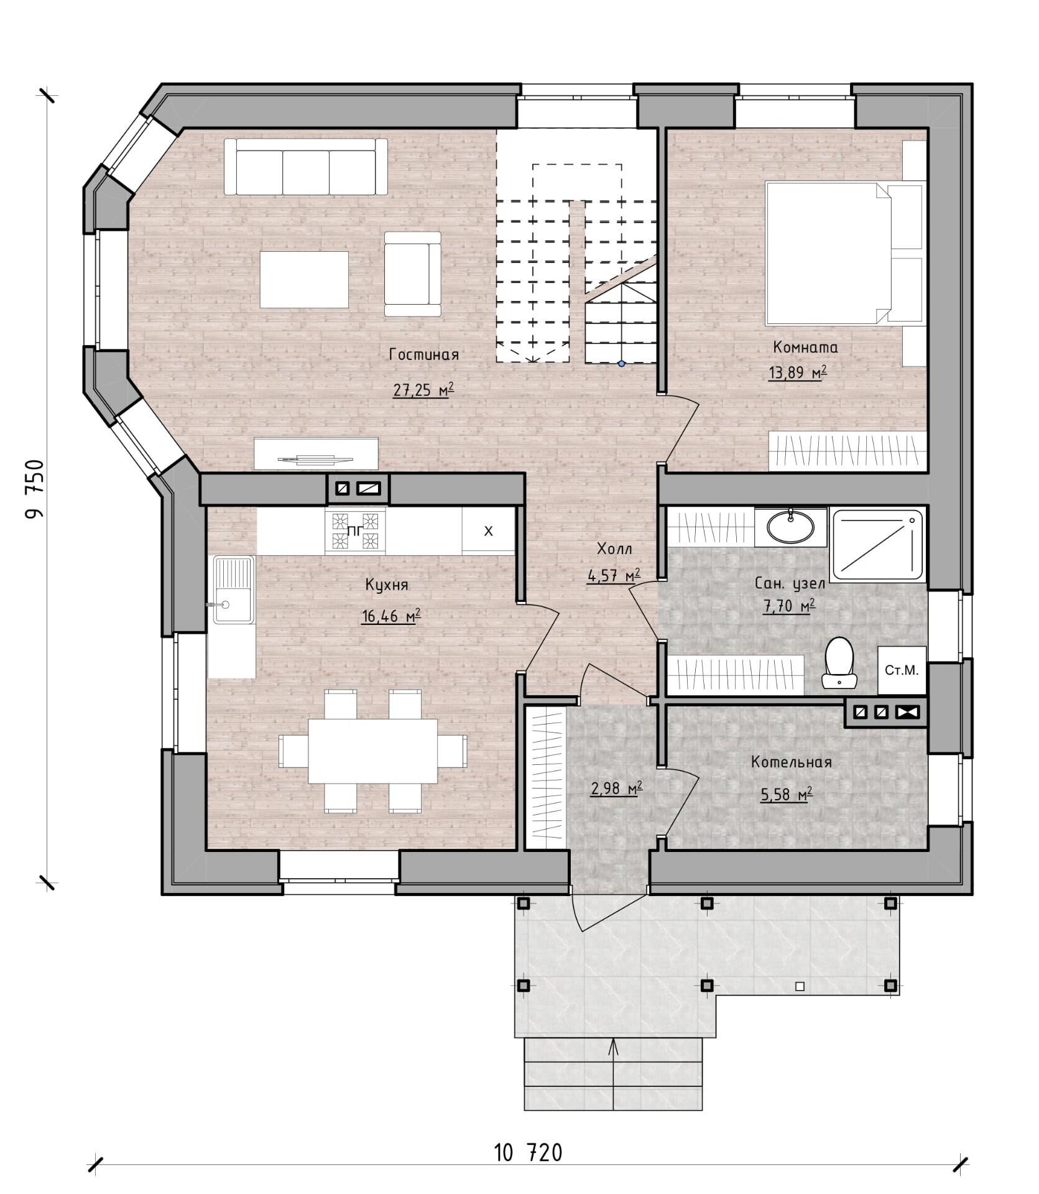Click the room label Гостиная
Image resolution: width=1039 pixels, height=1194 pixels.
pos(423,354)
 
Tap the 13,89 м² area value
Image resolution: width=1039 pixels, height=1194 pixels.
pos(798,373)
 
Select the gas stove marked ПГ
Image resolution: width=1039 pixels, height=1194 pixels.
pos(354,530)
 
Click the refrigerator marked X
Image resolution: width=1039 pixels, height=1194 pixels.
pos(488,530)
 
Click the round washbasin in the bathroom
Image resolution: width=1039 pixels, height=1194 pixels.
pos(790,526)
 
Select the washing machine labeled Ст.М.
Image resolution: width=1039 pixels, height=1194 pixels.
pos(902,670)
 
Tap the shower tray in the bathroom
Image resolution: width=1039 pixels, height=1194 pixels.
pos(877,545)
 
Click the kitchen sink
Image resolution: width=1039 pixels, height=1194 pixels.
pos(233,590)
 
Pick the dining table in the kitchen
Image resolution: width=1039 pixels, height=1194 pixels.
pos(372,751)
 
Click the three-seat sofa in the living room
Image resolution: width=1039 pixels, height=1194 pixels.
pos(305,166)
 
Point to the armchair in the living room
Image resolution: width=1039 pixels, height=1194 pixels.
pos(412,274)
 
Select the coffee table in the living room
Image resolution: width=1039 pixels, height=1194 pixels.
pos(304,279)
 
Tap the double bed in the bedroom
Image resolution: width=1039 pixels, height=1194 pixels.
pos(844,253)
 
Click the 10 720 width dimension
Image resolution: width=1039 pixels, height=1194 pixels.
pos(528,1152)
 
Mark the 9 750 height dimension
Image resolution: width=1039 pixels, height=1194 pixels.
pos(35,489)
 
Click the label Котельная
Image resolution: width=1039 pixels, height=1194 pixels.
pos(791,762)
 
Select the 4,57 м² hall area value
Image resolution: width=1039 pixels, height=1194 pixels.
pos(614,575)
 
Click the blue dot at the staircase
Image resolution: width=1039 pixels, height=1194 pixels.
pos(621,364)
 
